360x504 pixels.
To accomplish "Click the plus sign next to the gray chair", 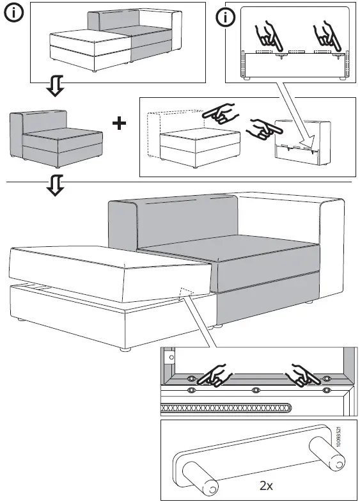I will pos(119,123).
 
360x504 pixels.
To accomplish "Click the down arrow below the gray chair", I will pos(56,186).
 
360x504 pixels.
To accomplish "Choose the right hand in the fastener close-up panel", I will pos(303,375).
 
